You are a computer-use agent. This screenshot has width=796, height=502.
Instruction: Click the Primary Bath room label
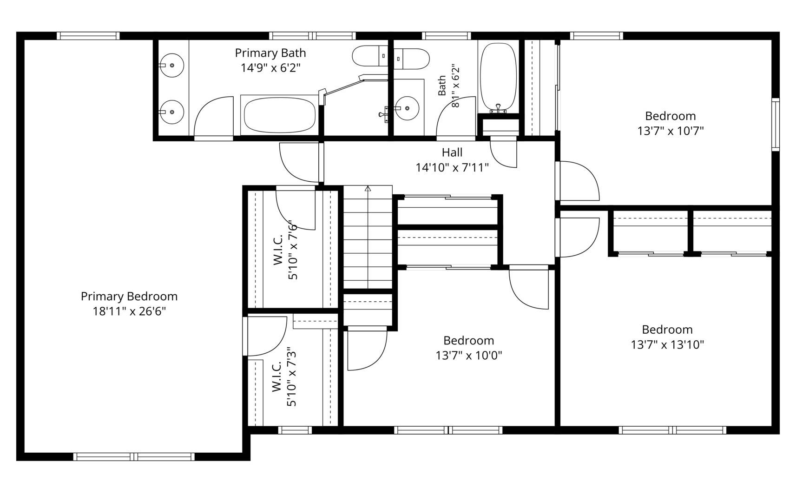coord(270,53)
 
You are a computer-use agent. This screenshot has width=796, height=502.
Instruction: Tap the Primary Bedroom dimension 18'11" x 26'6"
coord(129,311)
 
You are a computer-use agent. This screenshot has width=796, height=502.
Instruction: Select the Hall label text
coord(452,152)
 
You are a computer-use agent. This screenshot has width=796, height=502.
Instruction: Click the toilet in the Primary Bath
coord(370,56)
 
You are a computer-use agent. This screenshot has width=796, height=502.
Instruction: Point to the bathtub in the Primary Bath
coord(280,115)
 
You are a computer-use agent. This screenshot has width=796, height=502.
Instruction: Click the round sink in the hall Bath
coord(407,108)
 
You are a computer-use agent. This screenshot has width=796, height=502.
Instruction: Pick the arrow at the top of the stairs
coord(368,189)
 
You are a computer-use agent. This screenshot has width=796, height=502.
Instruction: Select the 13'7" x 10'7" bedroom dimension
coord(670,131)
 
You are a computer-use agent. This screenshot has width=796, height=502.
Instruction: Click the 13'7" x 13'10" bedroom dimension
coord(667,345)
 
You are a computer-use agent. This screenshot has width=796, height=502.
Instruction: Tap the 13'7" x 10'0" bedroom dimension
coord(469,356)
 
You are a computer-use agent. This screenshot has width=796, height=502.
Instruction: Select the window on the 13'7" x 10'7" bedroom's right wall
coord(776,125)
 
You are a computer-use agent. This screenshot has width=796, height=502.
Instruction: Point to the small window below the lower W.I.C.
coord(295,430)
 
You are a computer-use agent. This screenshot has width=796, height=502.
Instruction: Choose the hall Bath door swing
coord(456,116)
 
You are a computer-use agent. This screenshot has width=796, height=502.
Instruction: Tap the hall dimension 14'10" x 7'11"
coord(453,168)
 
